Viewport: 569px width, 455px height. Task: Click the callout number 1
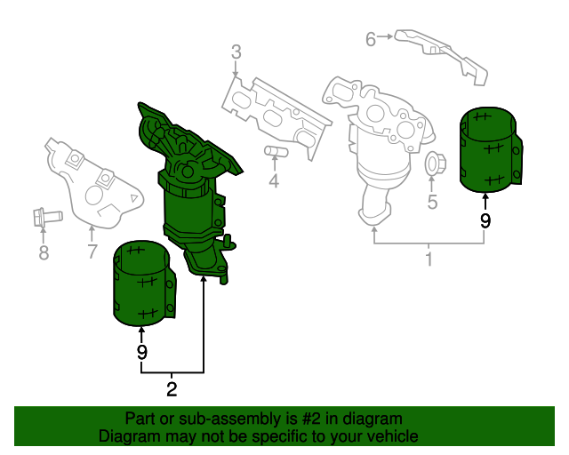[x=429, y=259]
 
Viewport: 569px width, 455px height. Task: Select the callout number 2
[x=172, y=388]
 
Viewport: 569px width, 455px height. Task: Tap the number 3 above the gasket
[x=236, y=53]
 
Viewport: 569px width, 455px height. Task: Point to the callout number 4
[x=274, y=182]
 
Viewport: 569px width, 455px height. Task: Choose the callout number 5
[x=433, y=202]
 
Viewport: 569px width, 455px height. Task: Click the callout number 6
[x=371, y=37]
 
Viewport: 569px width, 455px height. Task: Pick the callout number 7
[x=92, y=252]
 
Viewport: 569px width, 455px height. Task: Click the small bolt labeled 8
[x=44, y=215]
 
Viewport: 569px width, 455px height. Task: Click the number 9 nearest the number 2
[x=141, y=353]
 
